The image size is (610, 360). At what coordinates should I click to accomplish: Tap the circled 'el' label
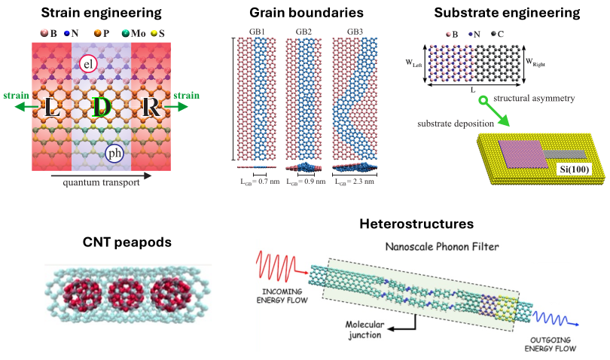tap(87, 66)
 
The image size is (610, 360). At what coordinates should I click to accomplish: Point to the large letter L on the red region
tap(52, 107)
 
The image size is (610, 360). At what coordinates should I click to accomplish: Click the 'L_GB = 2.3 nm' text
tap(354, 182)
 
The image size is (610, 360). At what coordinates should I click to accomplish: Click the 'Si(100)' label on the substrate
tap(573, 169)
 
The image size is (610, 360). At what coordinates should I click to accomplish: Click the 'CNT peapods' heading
tap(128, 242)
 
